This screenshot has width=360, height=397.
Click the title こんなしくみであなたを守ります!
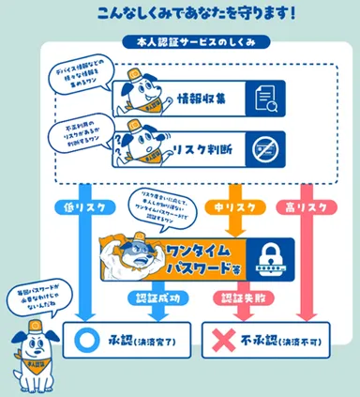(188, 14)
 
